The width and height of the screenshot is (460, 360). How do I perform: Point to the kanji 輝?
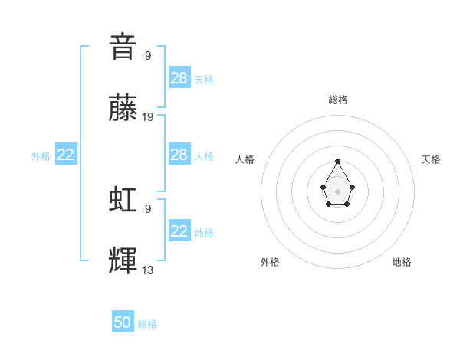123,263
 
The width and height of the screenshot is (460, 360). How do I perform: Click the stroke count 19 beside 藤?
148,117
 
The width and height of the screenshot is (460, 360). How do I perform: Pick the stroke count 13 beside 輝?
148,270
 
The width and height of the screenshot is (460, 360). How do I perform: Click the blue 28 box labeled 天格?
179,78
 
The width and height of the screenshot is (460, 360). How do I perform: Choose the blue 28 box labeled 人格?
179,155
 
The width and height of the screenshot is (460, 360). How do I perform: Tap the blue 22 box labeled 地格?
179,231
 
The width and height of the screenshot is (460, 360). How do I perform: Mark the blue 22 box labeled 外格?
66,155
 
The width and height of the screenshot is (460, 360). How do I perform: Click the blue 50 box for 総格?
123,322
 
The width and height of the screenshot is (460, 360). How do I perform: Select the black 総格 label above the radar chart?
337,100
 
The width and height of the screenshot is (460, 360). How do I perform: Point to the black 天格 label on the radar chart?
431,159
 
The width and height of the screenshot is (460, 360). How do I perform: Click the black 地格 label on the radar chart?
402,262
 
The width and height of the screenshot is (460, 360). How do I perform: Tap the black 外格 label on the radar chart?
270,262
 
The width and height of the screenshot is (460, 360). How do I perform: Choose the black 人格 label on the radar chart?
245,159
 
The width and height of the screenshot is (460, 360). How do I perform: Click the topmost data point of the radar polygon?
337,161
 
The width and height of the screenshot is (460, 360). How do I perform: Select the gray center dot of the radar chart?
337,191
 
